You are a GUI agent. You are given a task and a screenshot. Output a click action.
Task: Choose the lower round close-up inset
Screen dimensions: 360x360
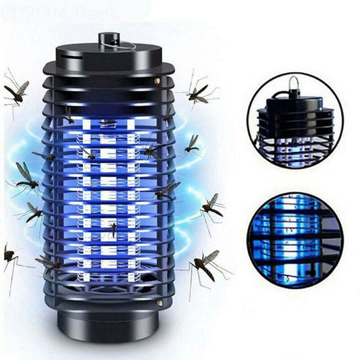294,240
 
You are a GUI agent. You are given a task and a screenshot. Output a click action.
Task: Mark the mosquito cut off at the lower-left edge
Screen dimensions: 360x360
9,260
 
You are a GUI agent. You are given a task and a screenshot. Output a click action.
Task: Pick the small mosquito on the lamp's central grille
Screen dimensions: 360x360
110,230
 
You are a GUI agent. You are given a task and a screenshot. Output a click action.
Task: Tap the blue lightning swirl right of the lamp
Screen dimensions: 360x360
196,196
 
